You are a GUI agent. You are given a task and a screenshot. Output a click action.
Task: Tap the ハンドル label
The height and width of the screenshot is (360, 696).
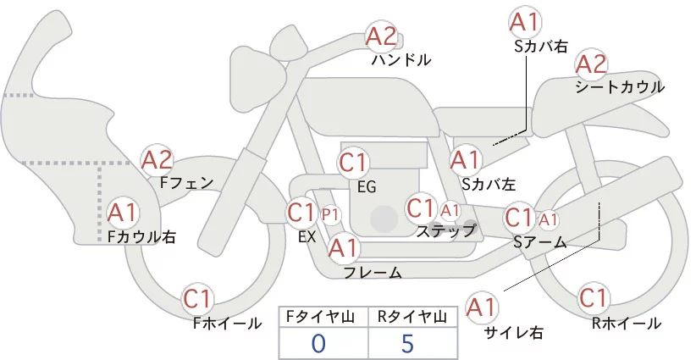401,60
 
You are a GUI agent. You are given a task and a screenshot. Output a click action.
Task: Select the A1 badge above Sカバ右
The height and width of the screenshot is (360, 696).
525,22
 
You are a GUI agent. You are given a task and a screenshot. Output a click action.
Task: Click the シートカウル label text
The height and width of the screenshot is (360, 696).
620,87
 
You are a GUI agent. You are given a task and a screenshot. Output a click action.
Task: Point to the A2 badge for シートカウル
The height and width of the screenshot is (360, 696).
590,63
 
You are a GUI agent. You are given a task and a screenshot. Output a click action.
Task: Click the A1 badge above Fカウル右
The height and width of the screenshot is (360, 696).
124,211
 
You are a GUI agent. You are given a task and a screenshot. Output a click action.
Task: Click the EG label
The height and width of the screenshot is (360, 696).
367,186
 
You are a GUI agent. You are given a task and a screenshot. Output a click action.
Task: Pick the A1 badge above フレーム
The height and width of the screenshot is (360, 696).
344,247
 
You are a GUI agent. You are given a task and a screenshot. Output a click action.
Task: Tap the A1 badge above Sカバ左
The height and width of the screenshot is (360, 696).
465,158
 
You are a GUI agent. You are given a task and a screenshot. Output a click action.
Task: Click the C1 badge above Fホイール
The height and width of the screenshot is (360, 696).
201,298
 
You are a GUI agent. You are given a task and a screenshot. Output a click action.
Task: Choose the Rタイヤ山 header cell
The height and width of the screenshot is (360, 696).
410,317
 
